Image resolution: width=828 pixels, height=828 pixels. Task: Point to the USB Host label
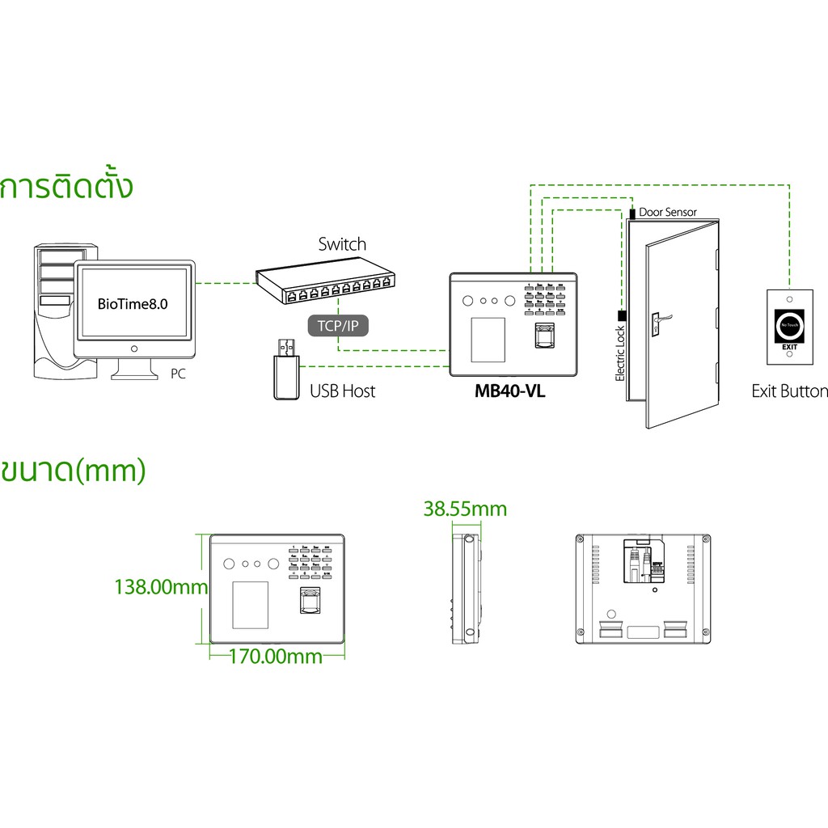point(343,391)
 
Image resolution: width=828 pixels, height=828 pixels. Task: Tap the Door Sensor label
point(667,212)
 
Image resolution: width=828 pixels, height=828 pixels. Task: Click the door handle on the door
point(657,321)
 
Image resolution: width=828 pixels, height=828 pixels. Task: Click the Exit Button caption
point(789,391)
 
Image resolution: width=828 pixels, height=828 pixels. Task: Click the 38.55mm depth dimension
point(465,509)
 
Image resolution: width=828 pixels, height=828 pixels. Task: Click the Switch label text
point(341,244)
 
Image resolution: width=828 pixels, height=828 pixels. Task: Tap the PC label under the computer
point(179,374)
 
